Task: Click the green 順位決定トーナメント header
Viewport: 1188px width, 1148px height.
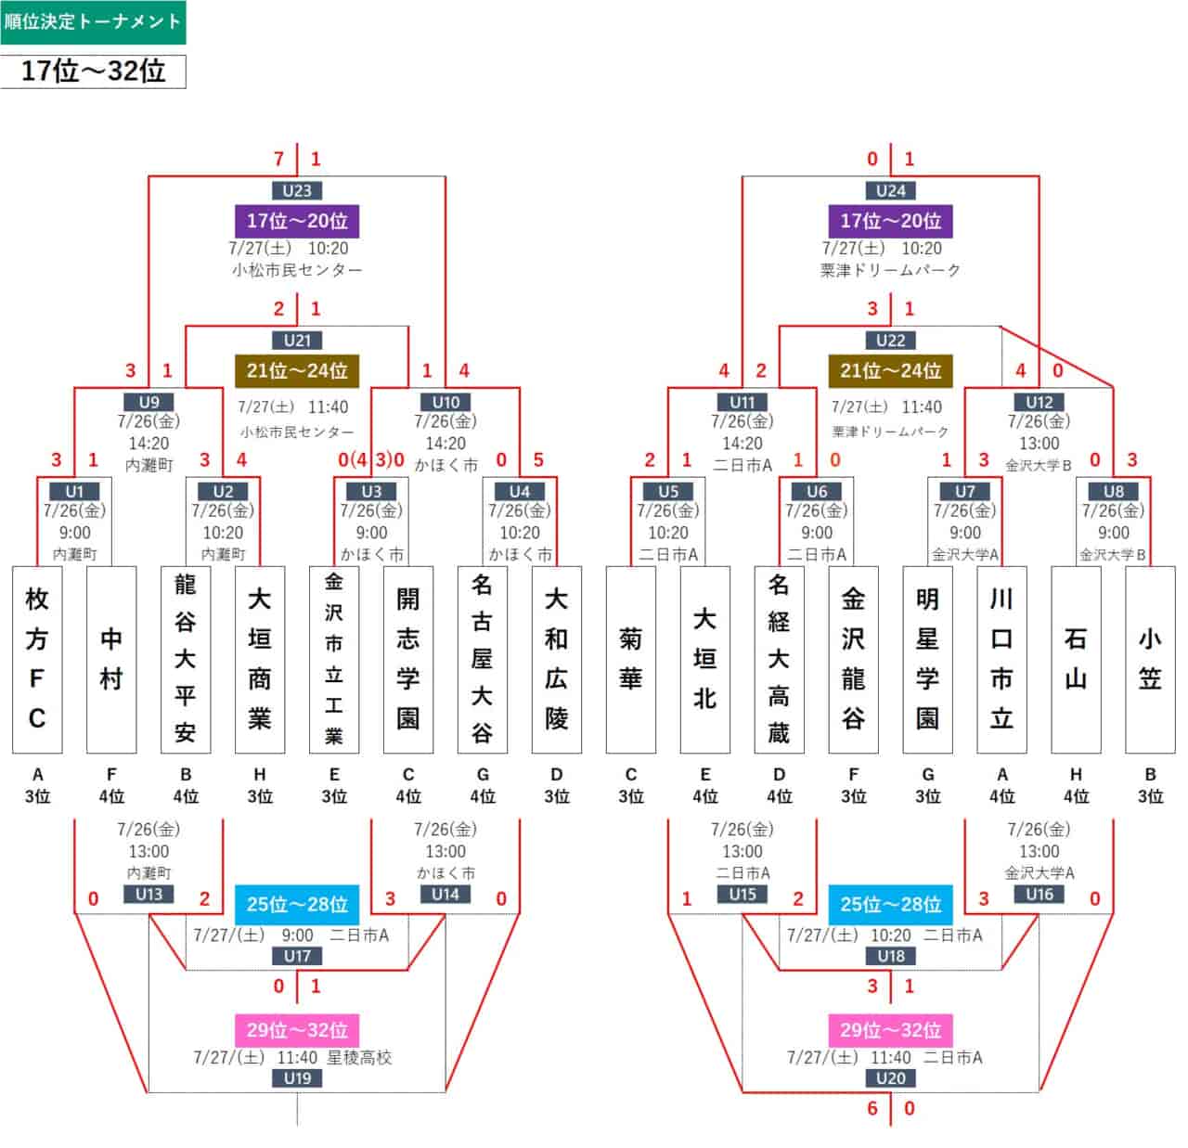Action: point(93,22)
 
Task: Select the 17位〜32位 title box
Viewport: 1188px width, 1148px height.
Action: point(93,71)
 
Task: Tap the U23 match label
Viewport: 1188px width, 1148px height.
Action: point(297,191)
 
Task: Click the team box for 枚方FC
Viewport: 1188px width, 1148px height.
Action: point(37,659)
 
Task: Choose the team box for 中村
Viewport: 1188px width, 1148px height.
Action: point(111,659)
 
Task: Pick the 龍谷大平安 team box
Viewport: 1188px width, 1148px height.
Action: point(186,659)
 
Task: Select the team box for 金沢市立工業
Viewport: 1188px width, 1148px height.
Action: point(334,659)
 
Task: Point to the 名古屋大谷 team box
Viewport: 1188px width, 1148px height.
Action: point(483,659)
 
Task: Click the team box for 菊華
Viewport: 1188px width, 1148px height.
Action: point(630,659)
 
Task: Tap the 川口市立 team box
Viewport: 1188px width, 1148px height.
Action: point(1001,659)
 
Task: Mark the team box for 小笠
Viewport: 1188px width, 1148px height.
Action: point(1150,659)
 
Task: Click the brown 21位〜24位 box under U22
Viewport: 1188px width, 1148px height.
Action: point(890,370)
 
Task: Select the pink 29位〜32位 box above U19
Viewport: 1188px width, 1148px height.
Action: point(297,1030)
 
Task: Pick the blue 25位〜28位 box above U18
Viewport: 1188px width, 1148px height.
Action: point(890,905)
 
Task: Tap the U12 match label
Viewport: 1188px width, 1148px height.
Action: point(1039,402)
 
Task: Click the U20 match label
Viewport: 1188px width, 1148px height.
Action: point(890,1077)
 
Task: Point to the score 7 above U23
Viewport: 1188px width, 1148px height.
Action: point(278,159)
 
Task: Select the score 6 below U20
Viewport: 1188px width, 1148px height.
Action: point(872,1108)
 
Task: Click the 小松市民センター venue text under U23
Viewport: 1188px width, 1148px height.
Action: point(297,270)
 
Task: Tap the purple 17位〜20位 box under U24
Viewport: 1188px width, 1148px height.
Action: point(890,221)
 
